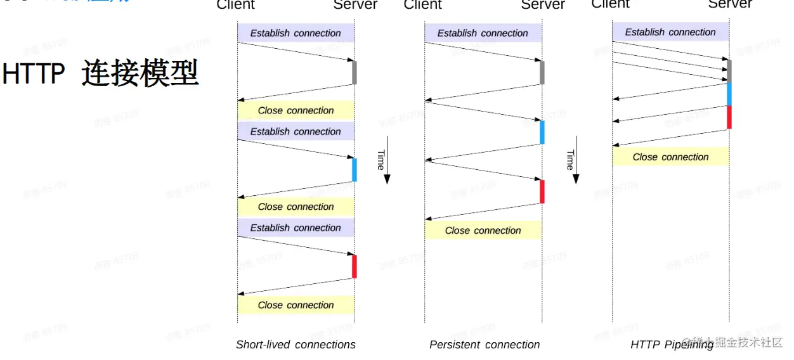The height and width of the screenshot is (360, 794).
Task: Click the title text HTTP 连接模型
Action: (100, 74)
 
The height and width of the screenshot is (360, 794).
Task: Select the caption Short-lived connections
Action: (296, 345)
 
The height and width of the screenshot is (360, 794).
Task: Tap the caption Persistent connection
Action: (485, 345)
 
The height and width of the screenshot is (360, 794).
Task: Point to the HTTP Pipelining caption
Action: (671, 345)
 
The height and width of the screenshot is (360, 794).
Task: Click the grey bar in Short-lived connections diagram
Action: (355, 72)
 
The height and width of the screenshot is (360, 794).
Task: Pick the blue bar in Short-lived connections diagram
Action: (355, 170)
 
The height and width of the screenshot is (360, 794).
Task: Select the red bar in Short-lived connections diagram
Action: (355, 266)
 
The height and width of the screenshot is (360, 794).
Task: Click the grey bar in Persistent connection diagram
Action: (542, 72)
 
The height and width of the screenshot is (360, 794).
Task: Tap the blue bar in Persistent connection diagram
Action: (542, 132)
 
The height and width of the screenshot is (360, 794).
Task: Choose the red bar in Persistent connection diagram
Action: (542, 191)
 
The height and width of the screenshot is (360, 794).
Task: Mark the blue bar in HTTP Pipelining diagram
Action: (729, 94)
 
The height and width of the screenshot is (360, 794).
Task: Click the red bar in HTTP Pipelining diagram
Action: (729, 117)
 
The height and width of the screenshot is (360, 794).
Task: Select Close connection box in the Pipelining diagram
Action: (670, 157)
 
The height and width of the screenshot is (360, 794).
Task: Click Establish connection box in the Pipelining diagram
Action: (670, 32)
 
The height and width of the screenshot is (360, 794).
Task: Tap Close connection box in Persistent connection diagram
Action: (483, 230)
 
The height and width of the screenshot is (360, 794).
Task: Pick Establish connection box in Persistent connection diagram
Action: (483, 33)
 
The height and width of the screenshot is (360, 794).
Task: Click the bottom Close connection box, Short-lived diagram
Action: (296, 305)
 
